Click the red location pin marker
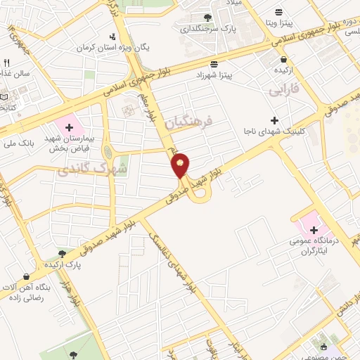coord(181,165)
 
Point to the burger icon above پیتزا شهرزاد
coord(214,63)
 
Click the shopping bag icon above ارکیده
coord(280,60)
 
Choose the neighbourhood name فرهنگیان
coord(189,124)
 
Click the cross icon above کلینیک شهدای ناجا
coord(275,121)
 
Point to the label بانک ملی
coord(18,143)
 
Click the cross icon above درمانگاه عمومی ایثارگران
coord(313,229)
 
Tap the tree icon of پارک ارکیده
coord(62,254)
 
